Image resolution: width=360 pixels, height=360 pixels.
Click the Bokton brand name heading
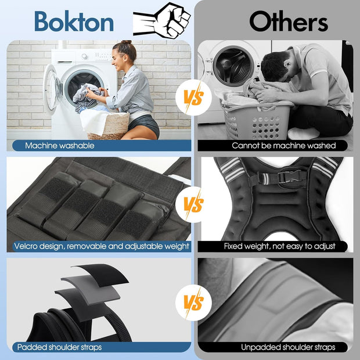pyautogui.click(x=74, y=21)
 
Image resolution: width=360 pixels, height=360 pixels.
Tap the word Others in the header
pyautogui.click(x=289, y=21)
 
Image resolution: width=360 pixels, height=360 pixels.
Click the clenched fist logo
pyautogui.click(x=162, y=20)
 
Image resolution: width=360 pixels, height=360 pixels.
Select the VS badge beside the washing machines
pyautogui.click(x=193, y=98)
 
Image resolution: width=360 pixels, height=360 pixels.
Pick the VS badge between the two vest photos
pyautogui.click(x=193, y=204)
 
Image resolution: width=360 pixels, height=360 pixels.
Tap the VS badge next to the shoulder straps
pyautogui.click(x=193, y=303)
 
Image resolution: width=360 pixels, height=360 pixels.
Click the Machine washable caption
pyautogui.click(x=60, y=146)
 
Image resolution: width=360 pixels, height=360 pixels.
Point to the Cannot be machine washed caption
pyautogui.click(x=283, y=146)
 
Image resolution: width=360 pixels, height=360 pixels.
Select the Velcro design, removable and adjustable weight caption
pyautogui.click(x=102, y=246)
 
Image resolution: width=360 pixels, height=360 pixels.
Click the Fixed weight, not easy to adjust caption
pyautogui.click(x=280, y=246)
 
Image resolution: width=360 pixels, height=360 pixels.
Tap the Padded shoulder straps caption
pyautogui.click(x=59, y=347)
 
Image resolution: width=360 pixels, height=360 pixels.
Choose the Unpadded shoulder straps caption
pyautogui.click(x=288, y=347)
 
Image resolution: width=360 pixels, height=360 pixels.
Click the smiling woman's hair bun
pyautogui.click(x=127, y=42)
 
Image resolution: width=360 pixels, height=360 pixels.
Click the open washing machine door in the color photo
pyautogui.click(x=52, y=88)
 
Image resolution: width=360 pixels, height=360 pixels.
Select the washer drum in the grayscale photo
pyautogui.click(x=234, y=66)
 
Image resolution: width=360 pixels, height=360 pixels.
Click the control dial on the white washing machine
pyautogui.click(x=85, y=56)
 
